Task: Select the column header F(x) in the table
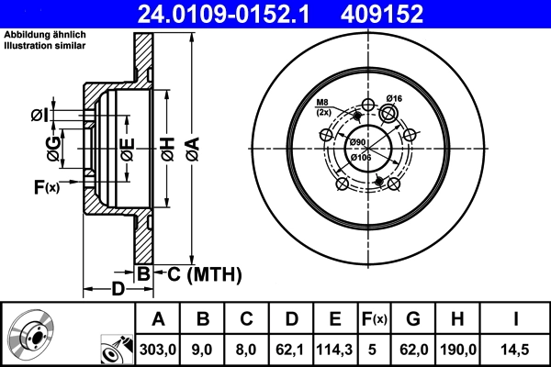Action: (375, 319)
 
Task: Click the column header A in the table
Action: (158, 319)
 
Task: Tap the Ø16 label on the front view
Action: (396, 98)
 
